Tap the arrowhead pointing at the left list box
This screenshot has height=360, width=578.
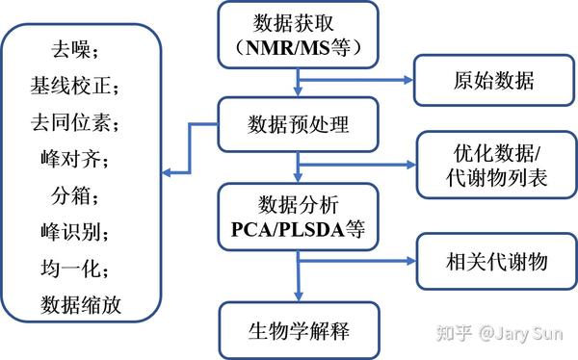pyautogui.click(x=167, y=172)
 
